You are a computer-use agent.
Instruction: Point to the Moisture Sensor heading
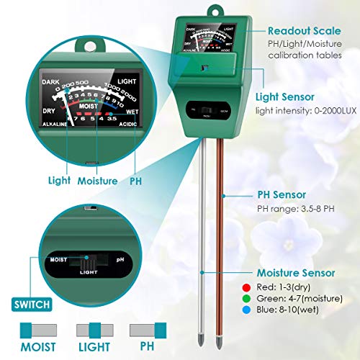[296, 273]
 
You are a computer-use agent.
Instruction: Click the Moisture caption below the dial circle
[97, 181]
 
